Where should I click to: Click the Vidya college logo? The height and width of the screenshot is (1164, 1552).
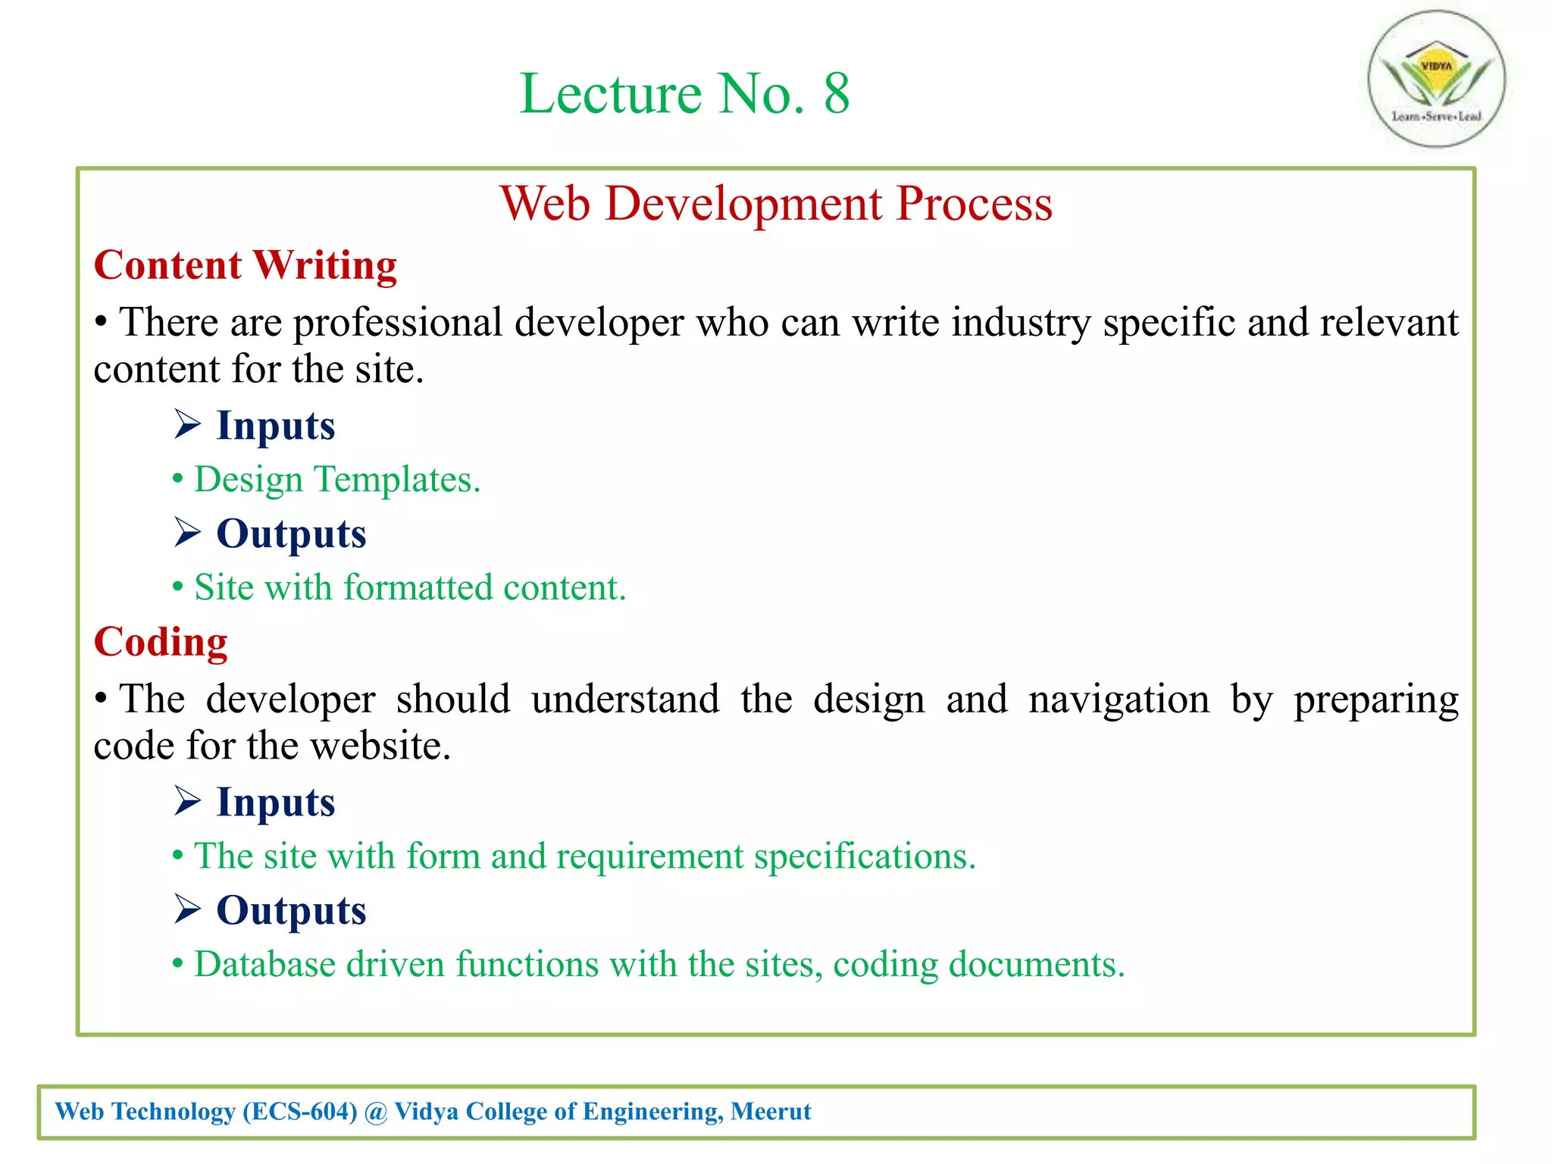point(1436,79)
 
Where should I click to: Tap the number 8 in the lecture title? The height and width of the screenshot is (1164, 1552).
point(836,94)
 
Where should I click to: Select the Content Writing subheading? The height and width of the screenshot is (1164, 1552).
point(245,265)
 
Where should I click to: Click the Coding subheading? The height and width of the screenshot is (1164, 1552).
point(161,642)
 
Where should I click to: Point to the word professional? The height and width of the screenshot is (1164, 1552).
point(398,323)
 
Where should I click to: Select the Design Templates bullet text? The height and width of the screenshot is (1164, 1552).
point(337,480)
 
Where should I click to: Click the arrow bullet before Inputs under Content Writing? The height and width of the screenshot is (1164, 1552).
point(187,424)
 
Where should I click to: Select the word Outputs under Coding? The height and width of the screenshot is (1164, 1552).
point(291,910)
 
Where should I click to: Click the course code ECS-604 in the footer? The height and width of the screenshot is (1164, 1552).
point(300,1112)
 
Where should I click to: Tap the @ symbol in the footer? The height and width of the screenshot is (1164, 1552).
point(376,1112)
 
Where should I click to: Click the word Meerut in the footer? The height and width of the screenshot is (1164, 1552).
point(771,1112)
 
